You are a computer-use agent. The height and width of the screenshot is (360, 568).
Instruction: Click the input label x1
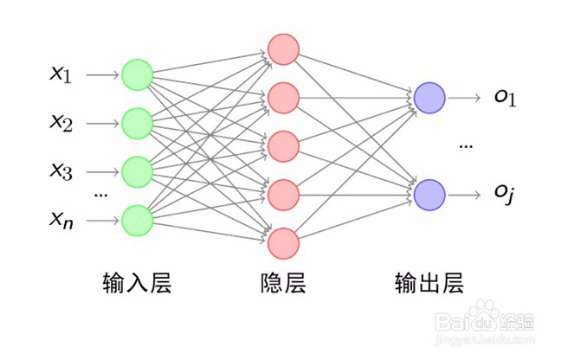(x=61, y=75)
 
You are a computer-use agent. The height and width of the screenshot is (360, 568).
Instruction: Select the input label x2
(x=61, y=124)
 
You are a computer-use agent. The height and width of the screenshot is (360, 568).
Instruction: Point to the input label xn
(x=61, y=221)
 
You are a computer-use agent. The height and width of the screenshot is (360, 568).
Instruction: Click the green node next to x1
(x=138, y=75)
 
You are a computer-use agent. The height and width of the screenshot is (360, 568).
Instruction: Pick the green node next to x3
(x=138, y=171)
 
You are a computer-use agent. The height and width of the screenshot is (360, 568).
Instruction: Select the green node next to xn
(x=138, y=220)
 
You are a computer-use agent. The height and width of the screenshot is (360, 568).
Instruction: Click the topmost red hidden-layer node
(x=283, y=49)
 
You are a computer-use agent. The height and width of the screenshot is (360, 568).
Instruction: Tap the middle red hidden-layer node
(x=283, y=146)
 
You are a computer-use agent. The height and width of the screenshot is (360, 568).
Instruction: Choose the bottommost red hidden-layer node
(x=283, y=243)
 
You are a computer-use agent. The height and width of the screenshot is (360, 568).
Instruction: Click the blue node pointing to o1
(x=429, y=98)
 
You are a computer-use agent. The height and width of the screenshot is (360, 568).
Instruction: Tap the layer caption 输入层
(x=137, y=283)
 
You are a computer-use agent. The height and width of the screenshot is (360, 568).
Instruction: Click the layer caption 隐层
(x=283, y=283)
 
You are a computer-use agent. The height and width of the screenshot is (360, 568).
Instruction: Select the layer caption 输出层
(x=429, y=283)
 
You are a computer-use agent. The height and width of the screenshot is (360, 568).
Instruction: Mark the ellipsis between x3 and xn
(x=100, y=196)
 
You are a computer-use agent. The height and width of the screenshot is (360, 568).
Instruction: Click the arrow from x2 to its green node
(x=102, y=124)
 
